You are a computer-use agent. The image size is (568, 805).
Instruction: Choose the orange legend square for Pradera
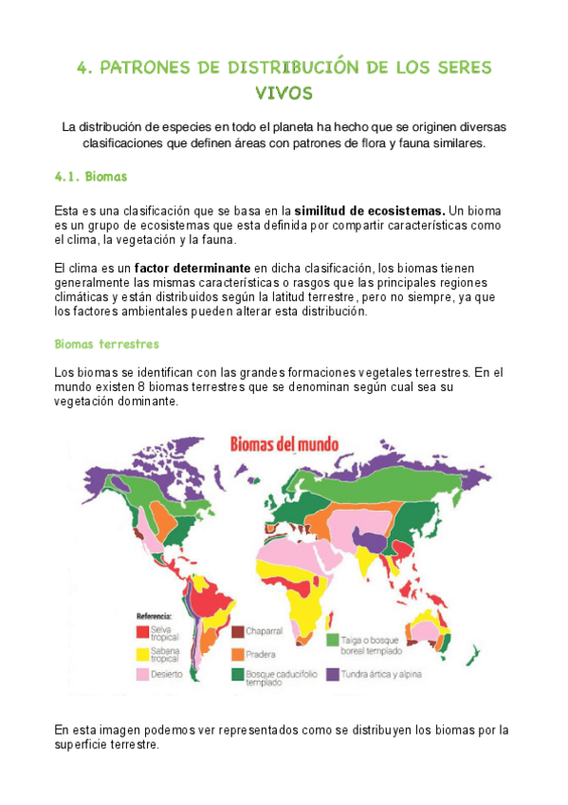point(238,653)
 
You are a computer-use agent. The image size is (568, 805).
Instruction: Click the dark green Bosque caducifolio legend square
point(238,675)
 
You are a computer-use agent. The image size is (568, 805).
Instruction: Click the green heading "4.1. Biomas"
point(91,177)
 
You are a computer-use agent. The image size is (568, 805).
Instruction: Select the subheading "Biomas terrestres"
point(106,344)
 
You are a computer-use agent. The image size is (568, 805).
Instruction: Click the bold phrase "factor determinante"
point(192,269)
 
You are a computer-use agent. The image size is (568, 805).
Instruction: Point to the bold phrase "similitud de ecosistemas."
point(370,210)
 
